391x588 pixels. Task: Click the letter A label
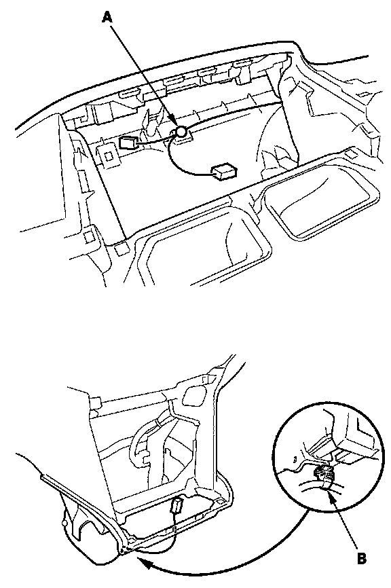pyautogui.click(x=107, y=17)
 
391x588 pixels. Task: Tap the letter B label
pyautogui.click(x=361, y=558)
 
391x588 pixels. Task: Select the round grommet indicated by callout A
pyautogui.click(x=181, y=131)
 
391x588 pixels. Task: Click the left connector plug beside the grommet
pyautogui.click(x=128, y=143)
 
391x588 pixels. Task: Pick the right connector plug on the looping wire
pyautogui.click(x=224, y=170)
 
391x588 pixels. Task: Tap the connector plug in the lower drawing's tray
pyautogui.click(x=176, y=505)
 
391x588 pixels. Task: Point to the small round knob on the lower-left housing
pyautogui.click(x=65, y=522)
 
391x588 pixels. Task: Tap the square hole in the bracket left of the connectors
pyautogui.click(x=109, y=155)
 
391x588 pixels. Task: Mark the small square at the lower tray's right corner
pyautogui.click(x=220, y=500)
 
